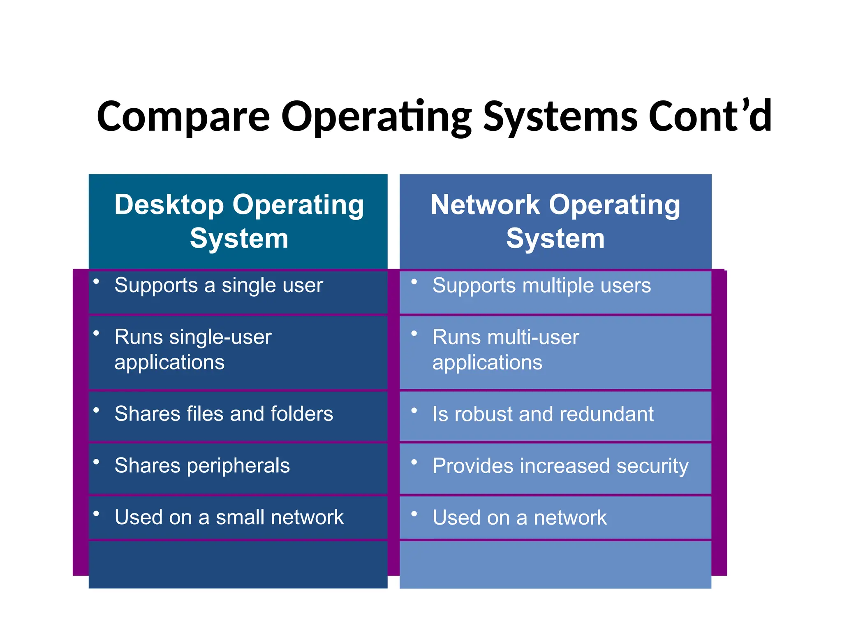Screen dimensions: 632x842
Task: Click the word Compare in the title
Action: coord(183,117)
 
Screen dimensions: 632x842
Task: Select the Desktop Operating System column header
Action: coord(238,221)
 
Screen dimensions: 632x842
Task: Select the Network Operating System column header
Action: coord(555,221)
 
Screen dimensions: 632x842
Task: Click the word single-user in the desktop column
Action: coord(220,337)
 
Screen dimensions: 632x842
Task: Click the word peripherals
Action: coord(238,467)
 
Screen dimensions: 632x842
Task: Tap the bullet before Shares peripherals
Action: coord(96,462)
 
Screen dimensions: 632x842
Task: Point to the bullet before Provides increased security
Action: coord(414,462)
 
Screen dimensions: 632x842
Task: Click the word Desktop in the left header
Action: coord(169,204)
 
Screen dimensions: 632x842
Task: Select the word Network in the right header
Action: coord(485,204)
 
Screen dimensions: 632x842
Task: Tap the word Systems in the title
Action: coord(560,117)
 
